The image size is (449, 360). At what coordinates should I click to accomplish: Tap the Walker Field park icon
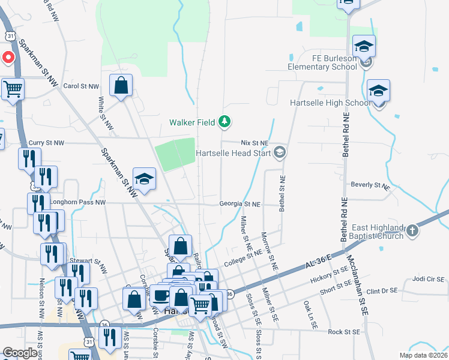tap(224, 122)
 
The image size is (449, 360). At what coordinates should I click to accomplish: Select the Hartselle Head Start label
tap(234, 153)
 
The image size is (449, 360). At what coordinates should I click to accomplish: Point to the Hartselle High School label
tap(330, 103)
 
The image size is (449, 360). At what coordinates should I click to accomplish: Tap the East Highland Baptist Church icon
tap(412, 230)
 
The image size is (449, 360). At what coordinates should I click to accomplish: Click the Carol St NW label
tap(80, 86)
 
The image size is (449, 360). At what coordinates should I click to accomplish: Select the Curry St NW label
tap(47, 143)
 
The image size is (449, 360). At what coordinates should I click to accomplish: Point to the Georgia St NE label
tap(240, 204)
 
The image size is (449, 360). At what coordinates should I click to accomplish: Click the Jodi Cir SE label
tap(428, 279)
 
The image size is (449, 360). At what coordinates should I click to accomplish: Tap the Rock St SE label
tap(344, 331)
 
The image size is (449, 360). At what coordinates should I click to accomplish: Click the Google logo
tap(20, 353)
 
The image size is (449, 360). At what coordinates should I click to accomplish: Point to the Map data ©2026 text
tap(424, 355)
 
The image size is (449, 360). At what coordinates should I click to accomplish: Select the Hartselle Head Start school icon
tap(279, 153)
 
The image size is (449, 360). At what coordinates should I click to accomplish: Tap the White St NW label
tap(106, 113)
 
